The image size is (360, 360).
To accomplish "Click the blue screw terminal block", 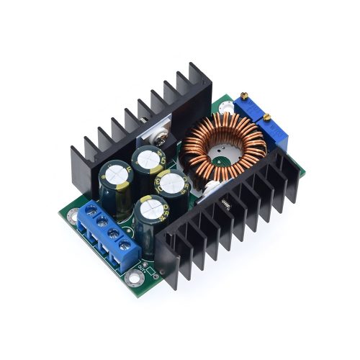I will [108, 234].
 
